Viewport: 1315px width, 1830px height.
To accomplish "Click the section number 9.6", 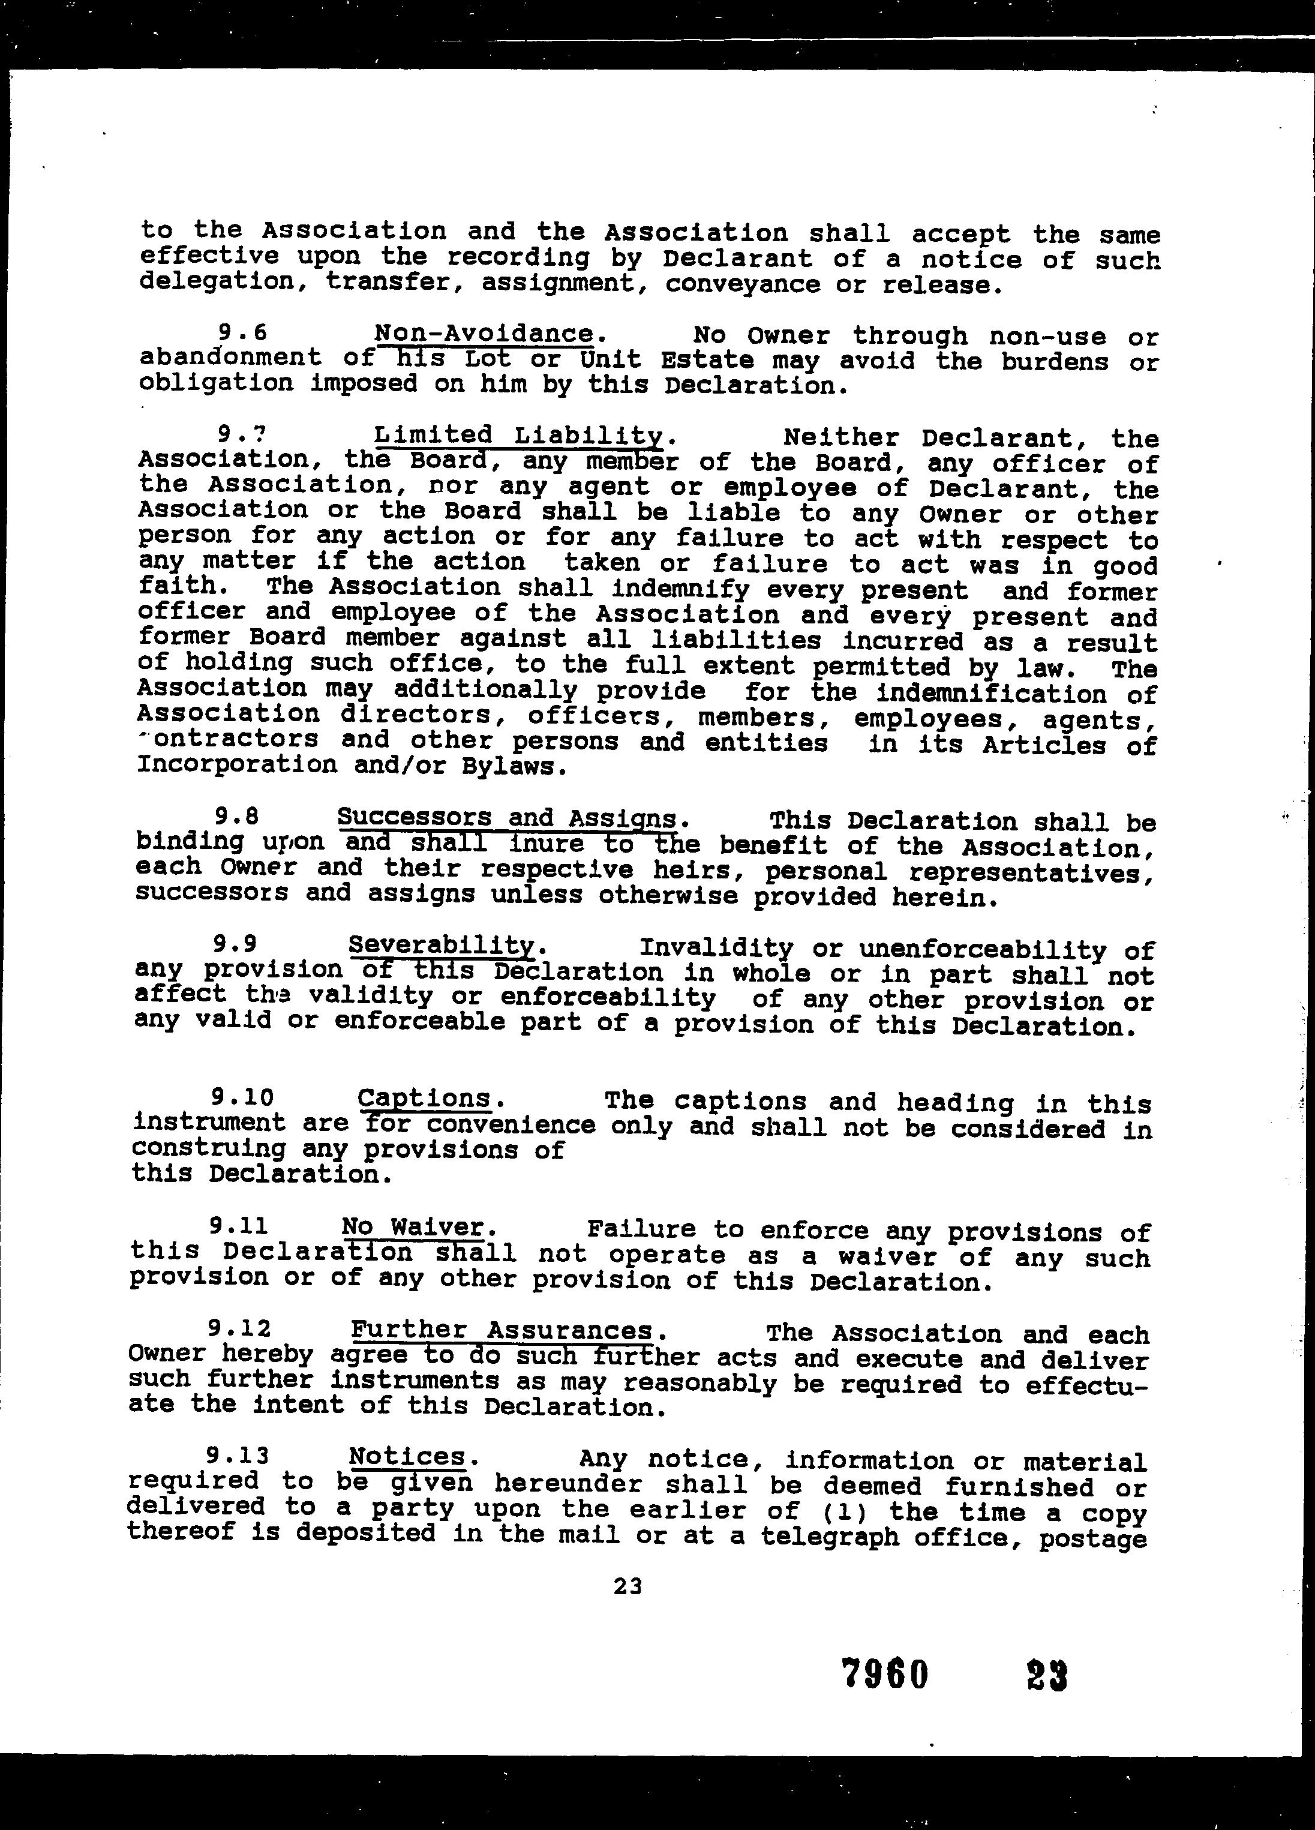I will click(242, 332).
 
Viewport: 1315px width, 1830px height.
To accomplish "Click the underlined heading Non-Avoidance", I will click(484, 333).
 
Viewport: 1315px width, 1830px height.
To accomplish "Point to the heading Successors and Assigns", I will click(507, 818).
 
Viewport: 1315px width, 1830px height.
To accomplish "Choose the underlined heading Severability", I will click(442, 944).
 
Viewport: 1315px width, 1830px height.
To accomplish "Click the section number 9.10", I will click(242, 1097).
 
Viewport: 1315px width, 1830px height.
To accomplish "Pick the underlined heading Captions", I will click(424, 1098).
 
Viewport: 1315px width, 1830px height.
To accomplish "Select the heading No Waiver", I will click(412, 1226).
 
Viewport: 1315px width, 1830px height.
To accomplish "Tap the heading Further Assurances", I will click(502, 1330).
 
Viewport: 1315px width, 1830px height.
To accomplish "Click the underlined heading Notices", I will click(407, 1456).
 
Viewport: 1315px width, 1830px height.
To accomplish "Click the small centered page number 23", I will click(628, 1586).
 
